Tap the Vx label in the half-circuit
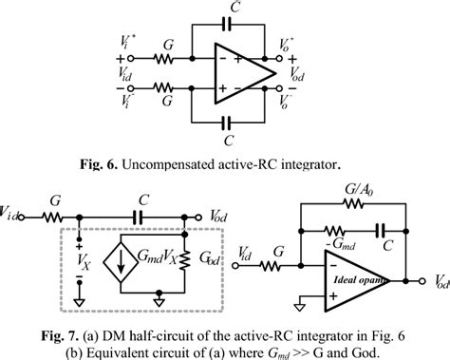pyautogui.click(x=79, y=256)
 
